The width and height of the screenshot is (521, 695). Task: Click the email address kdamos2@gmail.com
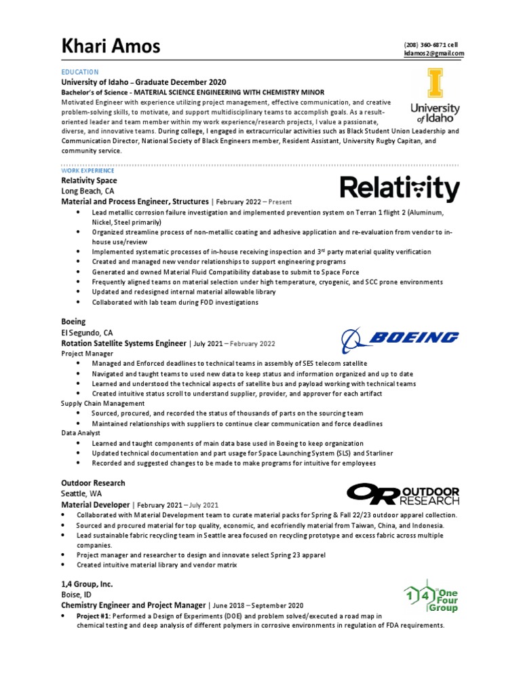434,53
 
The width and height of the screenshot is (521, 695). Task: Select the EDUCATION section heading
80,72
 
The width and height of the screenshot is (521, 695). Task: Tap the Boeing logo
400,337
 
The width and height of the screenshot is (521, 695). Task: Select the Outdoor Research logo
402,495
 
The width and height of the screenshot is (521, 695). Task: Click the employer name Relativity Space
89,181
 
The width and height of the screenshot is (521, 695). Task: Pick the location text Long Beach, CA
87,191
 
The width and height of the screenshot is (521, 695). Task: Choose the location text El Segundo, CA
87,333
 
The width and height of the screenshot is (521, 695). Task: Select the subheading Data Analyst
81,432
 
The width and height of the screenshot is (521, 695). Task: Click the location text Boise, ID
77,595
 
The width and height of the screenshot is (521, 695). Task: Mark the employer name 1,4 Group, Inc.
87,584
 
